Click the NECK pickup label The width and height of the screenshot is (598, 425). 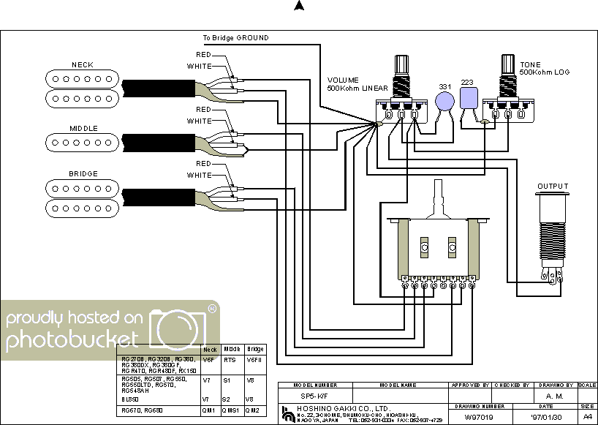82,65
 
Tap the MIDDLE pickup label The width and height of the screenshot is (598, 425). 83,129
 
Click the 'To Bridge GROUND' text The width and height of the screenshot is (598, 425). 235,37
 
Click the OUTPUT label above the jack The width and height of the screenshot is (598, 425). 553,187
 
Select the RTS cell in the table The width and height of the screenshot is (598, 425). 230,360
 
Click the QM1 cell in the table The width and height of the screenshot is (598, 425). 209,411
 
